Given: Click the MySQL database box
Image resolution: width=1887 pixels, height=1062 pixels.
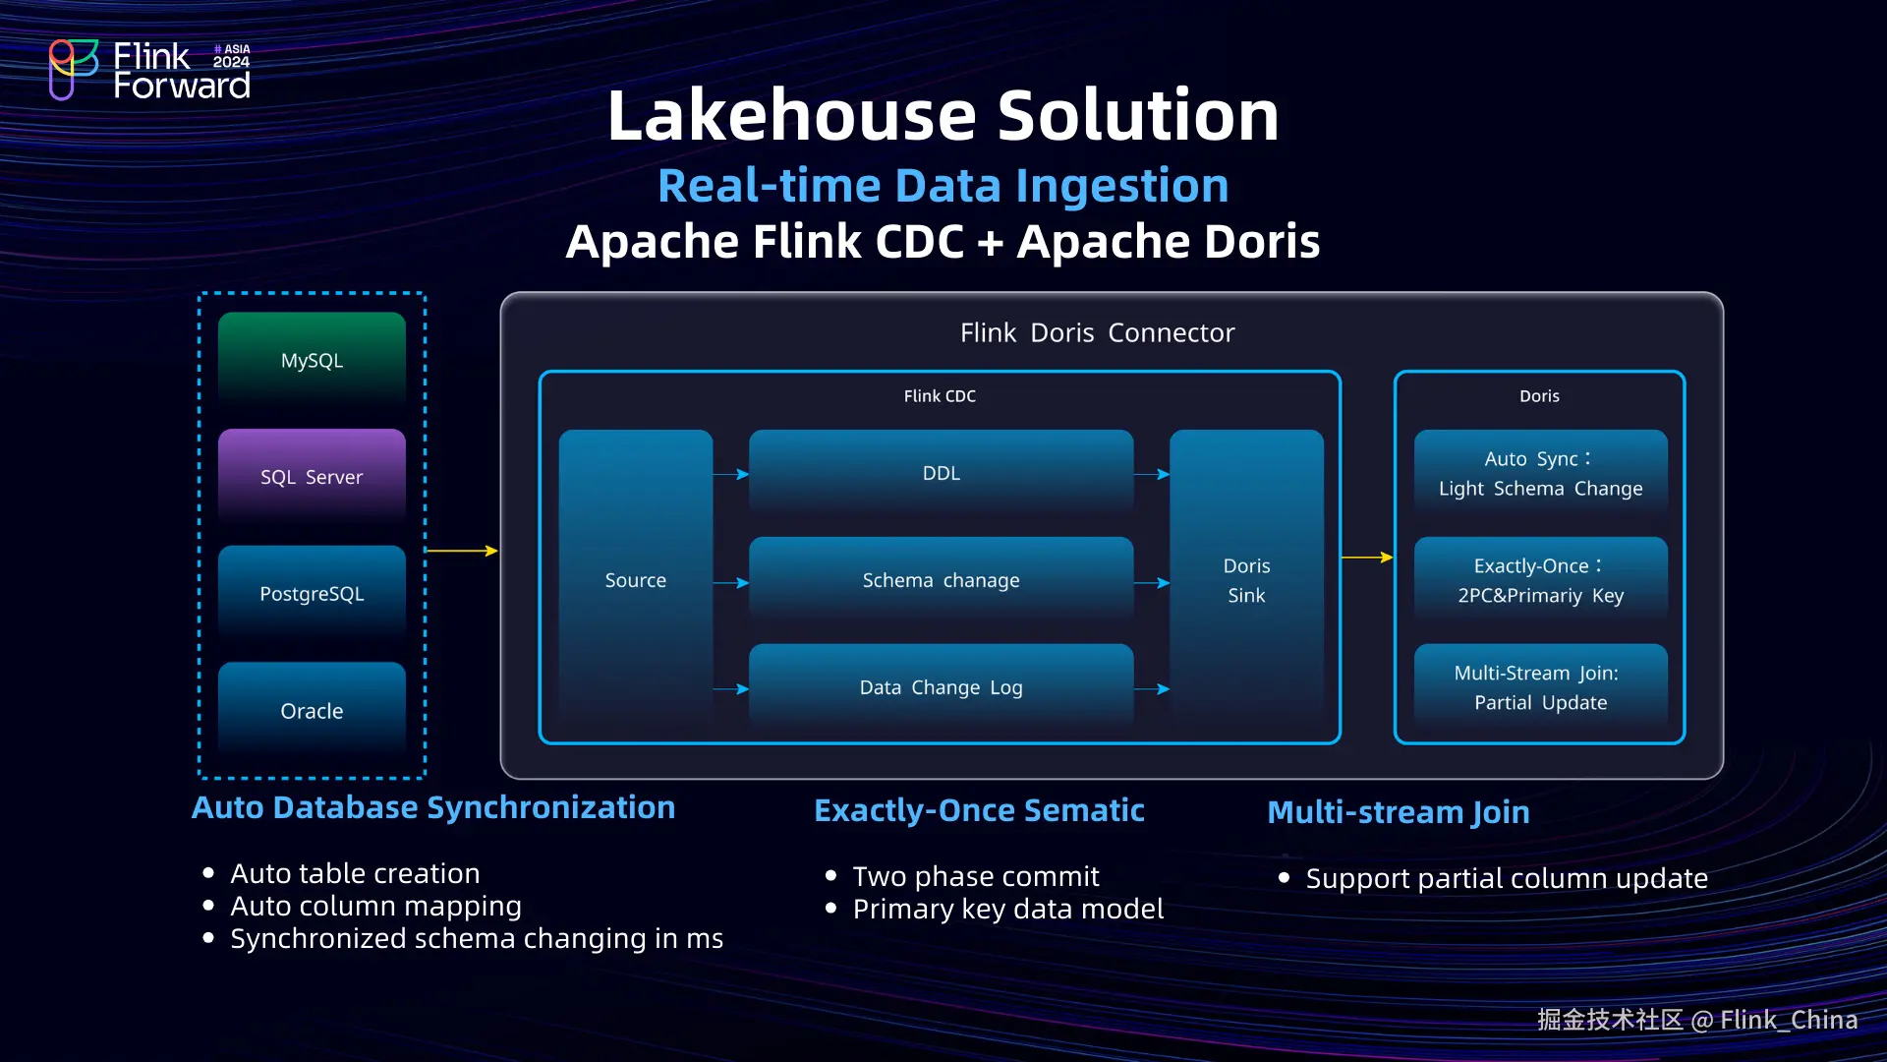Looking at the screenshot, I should coord(312,360).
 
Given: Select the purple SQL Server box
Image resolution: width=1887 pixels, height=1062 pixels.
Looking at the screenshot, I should coord(312,477).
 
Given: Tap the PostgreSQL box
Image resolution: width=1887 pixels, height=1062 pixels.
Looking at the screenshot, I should coord(312,594).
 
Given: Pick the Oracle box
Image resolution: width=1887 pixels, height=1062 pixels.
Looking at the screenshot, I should coord(312,710).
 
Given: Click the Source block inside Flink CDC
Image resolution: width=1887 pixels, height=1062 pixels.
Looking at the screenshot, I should coord(635,580).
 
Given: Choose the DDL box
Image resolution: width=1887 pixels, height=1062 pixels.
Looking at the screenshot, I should coord(941,473).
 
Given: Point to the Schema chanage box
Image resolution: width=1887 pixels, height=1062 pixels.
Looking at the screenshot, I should coord(941,580).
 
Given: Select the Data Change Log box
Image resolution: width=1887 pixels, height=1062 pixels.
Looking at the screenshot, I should coord(941,687).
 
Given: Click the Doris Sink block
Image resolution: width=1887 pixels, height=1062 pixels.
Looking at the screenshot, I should coord(1246,580).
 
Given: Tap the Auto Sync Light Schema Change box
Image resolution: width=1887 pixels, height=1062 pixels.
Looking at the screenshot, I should coord(1540,473).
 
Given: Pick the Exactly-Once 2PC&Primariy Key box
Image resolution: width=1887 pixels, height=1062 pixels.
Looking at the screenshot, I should coord(1540,580).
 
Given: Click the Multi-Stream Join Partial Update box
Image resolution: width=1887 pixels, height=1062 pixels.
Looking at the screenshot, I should coord(1540,687).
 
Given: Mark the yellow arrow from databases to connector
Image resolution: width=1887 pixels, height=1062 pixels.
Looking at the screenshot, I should coord(462,551).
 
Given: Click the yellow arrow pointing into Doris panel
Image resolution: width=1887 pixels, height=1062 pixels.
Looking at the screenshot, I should coord(1367,558).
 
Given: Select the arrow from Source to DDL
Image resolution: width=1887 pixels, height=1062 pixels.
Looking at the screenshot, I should coord(730,474).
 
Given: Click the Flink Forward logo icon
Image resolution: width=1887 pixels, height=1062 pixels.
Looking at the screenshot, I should coord(73,69).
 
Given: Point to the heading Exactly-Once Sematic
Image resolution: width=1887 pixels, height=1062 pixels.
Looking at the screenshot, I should coord(979,810).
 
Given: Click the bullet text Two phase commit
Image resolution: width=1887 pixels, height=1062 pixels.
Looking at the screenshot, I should coord(975,876).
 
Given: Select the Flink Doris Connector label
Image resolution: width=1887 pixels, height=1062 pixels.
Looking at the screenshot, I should coord(1097,333).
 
